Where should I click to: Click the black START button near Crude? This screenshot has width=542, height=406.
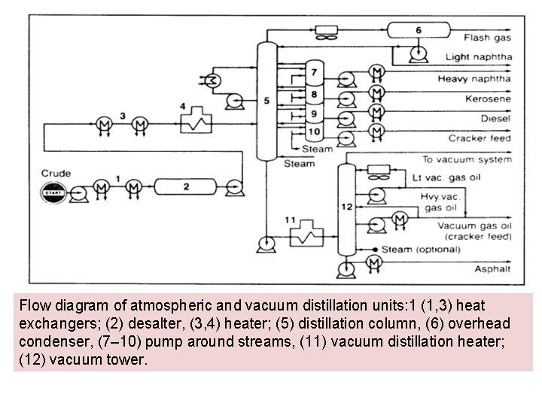point(50,192)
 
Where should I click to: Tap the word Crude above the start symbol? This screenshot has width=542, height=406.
point(56,174)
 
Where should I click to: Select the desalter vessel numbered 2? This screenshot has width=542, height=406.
point(187,185)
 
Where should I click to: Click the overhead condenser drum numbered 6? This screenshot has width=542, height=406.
point(418,31)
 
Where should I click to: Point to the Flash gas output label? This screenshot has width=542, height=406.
point(487,38)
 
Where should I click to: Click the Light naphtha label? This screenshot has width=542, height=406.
point(478,57)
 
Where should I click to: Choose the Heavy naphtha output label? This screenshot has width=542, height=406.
point(474,78)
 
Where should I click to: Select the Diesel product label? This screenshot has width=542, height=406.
point(493,118)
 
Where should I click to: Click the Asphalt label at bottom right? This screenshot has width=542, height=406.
point(492,269)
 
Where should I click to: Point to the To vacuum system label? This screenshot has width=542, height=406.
point(467,159)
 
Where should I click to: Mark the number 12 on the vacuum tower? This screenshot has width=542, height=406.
point(346,205)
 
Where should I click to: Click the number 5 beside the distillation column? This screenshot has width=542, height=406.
point(287,100)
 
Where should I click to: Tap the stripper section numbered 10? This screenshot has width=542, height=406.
point(313,130)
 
